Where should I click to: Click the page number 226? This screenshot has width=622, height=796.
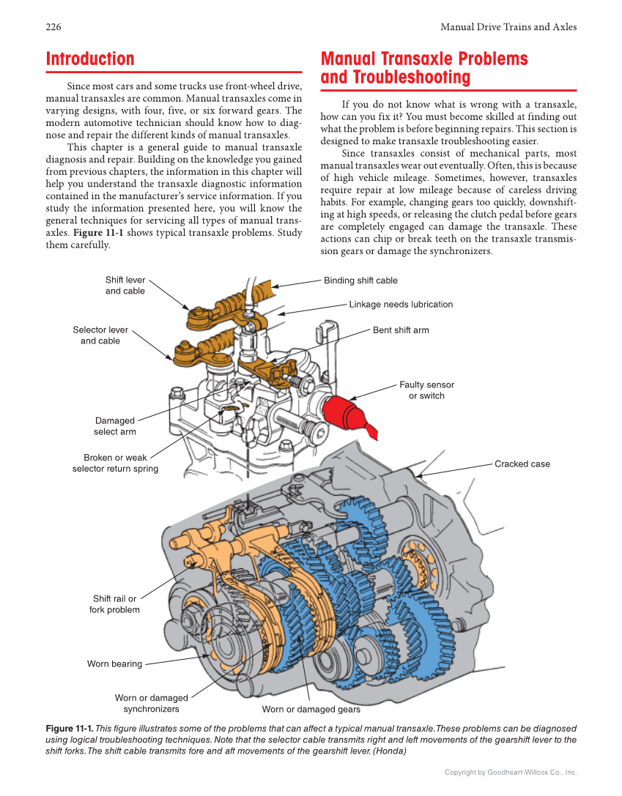(53, 27)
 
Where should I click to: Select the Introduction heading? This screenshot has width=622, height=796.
(90, 59)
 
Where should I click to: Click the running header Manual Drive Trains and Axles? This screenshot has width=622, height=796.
(508, 27)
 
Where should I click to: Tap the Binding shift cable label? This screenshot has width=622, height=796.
(360, 280)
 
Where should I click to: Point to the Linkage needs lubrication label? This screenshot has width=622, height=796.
(401, 305)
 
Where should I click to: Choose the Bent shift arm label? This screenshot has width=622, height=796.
(401, 330)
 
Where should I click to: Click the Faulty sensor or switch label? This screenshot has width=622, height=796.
(426, 390)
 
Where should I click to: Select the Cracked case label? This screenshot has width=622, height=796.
(522, 464)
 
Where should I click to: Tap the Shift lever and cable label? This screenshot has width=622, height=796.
(125, 286)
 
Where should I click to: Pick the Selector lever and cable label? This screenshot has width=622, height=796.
(100, 335)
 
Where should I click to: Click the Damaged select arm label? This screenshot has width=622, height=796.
(115, 426)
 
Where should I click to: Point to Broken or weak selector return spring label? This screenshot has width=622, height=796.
(115, 464)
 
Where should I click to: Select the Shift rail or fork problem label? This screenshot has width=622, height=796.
(114, 604)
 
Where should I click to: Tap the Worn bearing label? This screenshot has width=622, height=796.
(114, 664)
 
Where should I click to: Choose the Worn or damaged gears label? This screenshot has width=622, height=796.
(311, 710)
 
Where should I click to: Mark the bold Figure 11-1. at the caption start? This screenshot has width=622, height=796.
(70, 729)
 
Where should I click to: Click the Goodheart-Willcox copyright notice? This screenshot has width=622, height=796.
(510, 773)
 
